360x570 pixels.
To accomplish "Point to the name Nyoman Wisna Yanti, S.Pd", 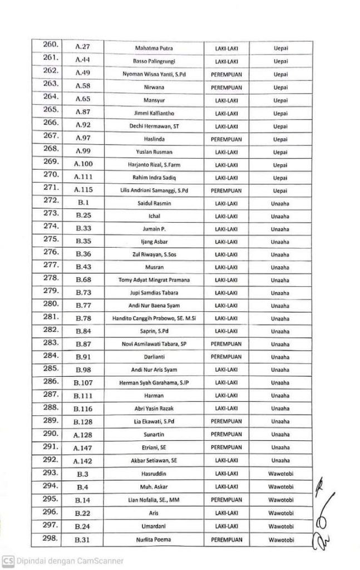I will [154, 74].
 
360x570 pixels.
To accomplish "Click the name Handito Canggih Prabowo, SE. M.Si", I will [154, 318].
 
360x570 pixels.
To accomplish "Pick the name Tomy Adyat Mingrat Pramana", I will [154, 279].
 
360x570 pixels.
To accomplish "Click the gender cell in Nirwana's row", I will [226, 87].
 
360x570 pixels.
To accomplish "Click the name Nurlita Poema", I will [154, 539].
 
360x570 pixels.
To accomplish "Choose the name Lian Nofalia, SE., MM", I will [154, 499].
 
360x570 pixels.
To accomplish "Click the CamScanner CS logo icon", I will [8, 561].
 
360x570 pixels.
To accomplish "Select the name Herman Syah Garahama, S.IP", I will [154, 383].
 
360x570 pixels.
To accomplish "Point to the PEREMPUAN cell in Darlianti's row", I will [226, 357].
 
